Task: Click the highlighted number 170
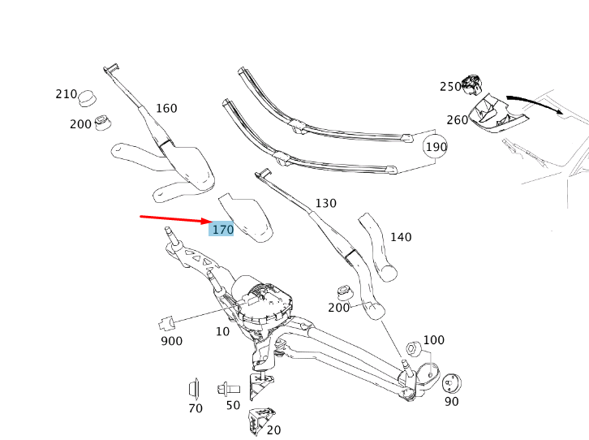tap(221, 230)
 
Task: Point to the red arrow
tap(174, 219)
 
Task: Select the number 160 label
tap(166, 109)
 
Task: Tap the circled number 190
tap(436, 147)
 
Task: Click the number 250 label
tap(450, 87)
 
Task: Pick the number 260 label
tap(457, 120)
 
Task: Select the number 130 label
tap(325, 204)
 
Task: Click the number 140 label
tap(401, 237)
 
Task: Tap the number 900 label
tap(171, 342)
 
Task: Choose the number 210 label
tap(66, 94)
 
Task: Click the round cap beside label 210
tap(88, 98)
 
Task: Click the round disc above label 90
tap(453, 382)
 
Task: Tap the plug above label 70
tap(195, 387)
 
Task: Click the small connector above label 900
tap(168, 321)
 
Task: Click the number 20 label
tap(273, 429)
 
